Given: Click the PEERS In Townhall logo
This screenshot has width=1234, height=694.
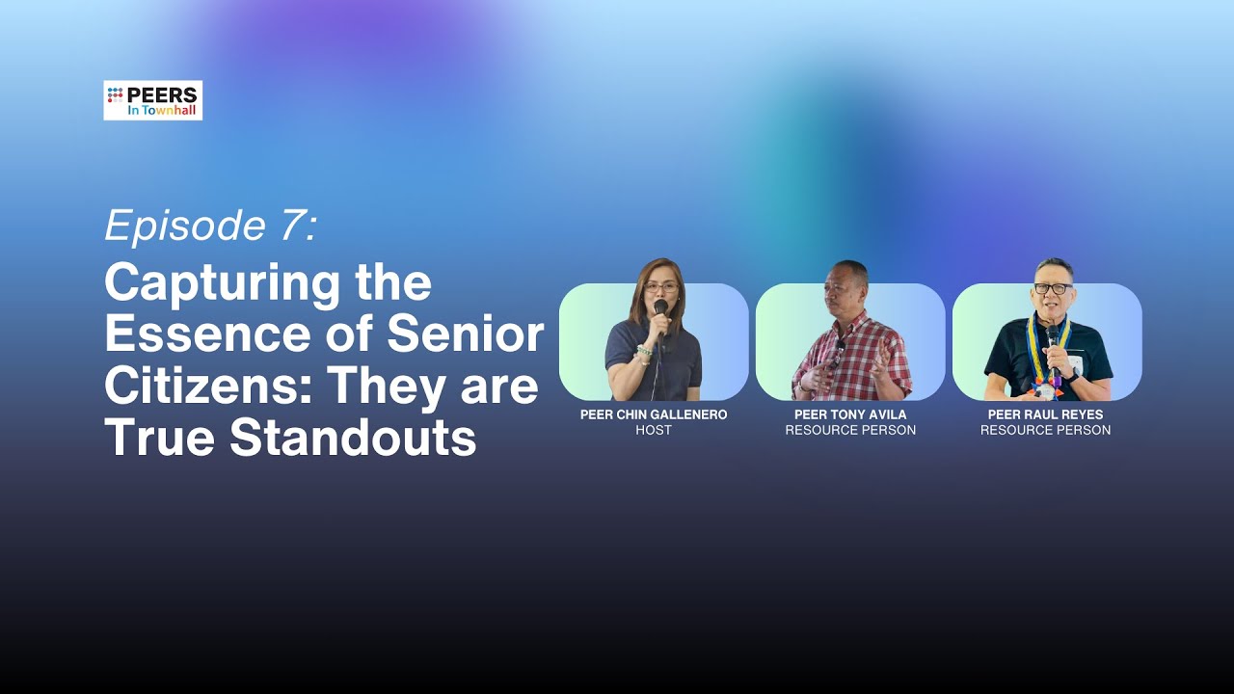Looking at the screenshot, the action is pos(152,100).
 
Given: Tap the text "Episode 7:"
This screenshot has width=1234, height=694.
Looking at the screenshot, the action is pos(211,225).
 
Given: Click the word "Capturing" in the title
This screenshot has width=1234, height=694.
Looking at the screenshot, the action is pos(222,284).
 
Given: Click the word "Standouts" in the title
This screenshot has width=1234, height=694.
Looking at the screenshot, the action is pos(353,438).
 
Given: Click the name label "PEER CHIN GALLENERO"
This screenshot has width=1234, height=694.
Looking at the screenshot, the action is pos(654,414).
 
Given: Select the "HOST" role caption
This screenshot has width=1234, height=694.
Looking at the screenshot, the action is pos(654,430).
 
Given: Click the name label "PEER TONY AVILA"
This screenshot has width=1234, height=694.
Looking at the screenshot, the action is pos(850,414).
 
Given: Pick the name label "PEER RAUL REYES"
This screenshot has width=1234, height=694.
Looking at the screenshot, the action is pos(1046,414).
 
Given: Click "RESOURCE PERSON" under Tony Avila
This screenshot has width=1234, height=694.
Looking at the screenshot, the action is pos(850,430).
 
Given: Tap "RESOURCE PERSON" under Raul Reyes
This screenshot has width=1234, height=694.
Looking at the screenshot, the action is pos(1046,430).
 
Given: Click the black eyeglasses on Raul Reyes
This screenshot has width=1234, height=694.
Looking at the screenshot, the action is pos(1054,288).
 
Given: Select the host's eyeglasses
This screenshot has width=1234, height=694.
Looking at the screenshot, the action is pos(661,287).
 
